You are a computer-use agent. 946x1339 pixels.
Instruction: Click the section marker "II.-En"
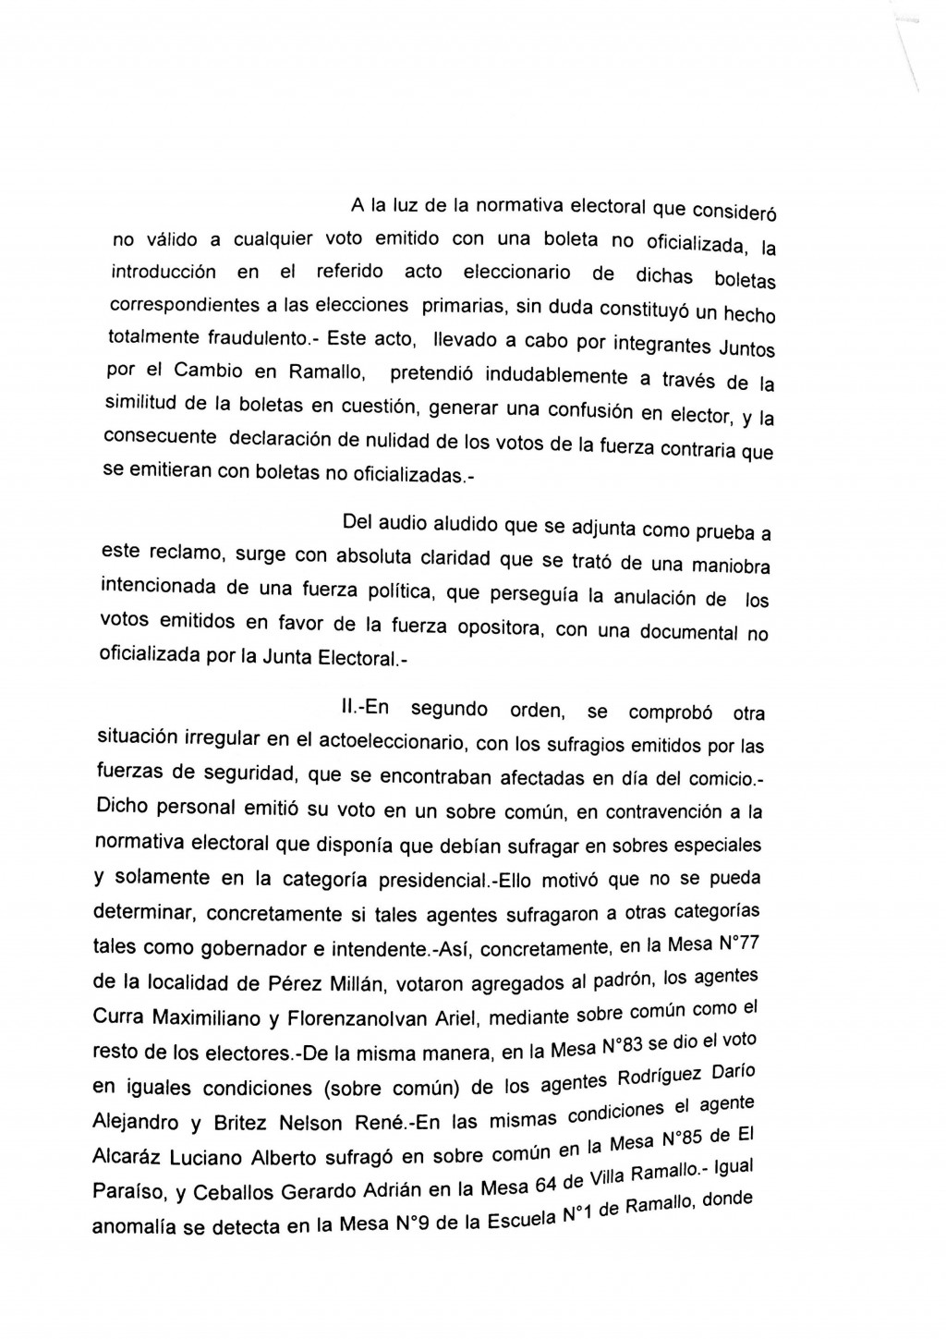click(x=365, y=708)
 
